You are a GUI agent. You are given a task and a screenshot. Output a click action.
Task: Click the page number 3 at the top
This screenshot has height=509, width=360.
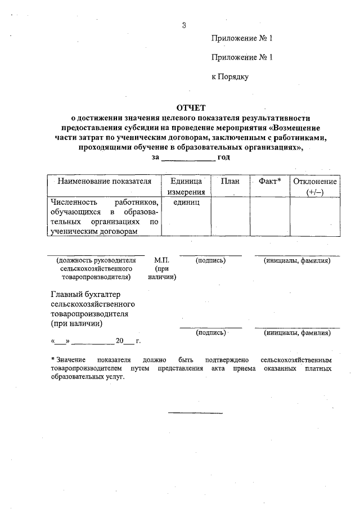click(x=184, y=25)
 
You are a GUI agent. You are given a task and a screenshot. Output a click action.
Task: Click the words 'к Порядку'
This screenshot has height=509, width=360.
click(x=229, y=76)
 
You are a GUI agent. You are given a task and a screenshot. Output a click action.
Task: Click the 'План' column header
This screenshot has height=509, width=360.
click(x=230, y=182)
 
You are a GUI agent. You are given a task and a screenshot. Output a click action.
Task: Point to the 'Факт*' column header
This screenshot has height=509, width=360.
click(x=269, y=182)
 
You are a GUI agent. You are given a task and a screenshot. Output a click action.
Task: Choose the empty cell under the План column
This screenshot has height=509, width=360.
click(x=230, y=216)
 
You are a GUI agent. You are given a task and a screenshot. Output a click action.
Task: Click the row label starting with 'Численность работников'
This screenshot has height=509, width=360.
click(x=103, y=216)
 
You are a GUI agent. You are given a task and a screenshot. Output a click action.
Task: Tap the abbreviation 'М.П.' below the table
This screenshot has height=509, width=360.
click(x=162, y=261)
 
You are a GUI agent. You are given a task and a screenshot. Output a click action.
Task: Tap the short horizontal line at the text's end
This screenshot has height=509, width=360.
click(x=195, y=413)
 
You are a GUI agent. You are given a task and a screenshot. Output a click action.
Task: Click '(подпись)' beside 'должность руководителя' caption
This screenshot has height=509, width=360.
click(x=211, y=261)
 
